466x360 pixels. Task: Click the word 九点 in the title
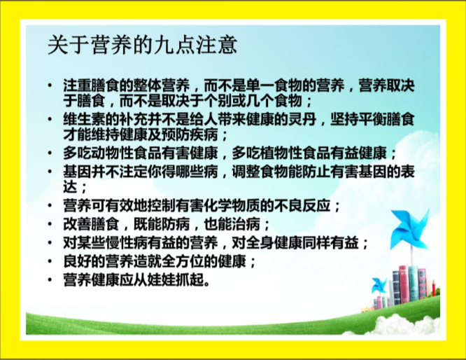(164, 46)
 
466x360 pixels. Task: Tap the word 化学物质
(231, 206)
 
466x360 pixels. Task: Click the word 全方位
(183, 261)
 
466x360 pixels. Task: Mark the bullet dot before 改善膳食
(50, 224)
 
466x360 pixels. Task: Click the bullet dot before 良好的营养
(50, 261)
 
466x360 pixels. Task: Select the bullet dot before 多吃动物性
(50, 153)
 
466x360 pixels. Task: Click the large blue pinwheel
(409, 228)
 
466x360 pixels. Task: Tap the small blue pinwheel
(379, 285)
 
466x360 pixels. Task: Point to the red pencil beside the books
(434, 288)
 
